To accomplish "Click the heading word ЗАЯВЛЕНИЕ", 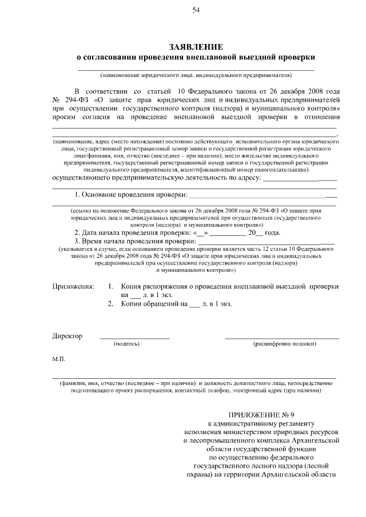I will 196,46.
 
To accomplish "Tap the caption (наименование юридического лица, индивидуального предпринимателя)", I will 196,75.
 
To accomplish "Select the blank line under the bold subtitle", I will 196,69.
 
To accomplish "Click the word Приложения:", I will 73,285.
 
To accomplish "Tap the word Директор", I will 67,336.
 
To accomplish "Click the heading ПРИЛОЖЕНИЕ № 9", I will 261,415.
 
